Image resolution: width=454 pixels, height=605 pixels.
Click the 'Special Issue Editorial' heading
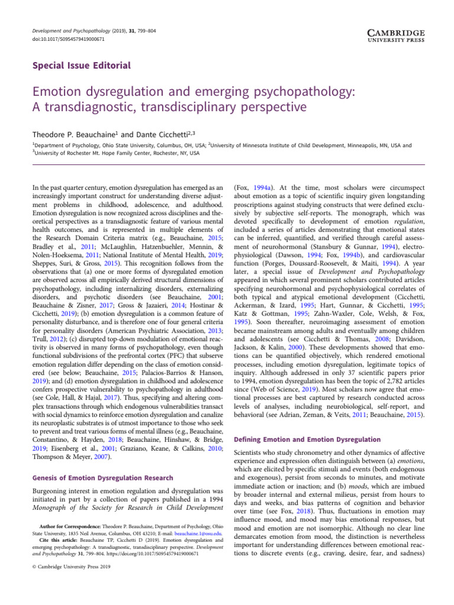tap(81, 66)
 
